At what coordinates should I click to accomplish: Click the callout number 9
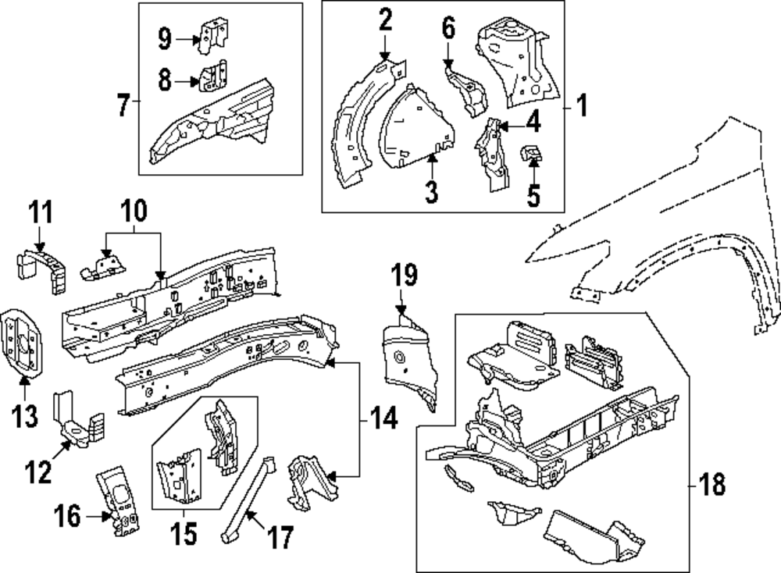(164, 37)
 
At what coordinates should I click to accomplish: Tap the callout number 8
(164, 80)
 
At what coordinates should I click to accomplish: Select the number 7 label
(122, 105)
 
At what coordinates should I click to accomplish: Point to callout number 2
(385, 20)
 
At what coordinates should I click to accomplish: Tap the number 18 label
(713, 486)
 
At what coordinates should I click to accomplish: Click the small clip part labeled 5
(533, 152)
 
